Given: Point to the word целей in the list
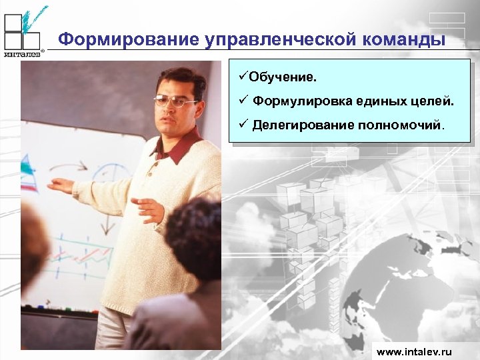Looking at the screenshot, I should click(x=434, y=101).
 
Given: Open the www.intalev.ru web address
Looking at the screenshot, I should click(x=414, y=351).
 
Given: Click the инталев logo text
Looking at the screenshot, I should click(x=23, y=55).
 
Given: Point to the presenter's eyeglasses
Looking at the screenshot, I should click(x=175, y=101).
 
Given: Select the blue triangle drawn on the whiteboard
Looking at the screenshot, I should click(x=28, y=164).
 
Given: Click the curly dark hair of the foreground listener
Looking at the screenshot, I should click(x=193, y=237).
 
